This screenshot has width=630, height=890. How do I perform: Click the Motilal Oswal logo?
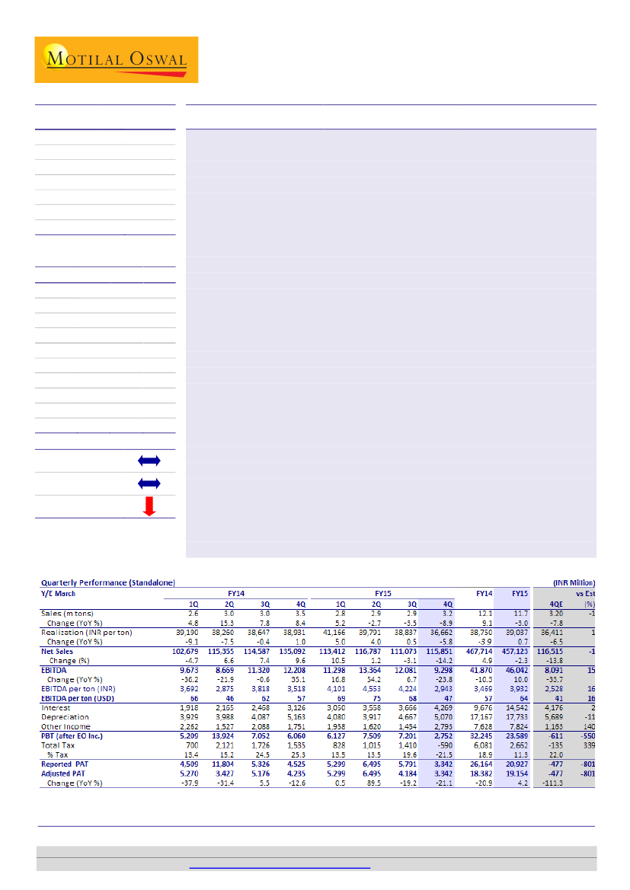point(116,59)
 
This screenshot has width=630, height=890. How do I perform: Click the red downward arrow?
point(149,506)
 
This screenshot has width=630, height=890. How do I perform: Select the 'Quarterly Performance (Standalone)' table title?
point(107,582)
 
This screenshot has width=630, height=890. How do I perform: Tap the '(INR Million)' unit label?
point(574,582)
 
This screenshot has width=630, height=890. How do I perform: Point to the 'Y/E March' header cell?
point(58,593)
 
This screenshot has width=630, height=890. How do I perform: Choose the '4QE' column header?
point(557,603)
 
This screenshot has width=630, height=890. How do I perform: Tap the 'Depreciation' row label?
point(65,716)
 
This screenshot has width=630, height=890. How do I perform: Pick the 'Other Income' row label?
point(66,726)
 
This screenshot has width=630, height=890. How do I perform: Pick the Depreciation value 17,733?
point(514,716)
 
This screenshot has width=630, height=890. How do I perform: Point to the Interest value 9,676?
point(480,707)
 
